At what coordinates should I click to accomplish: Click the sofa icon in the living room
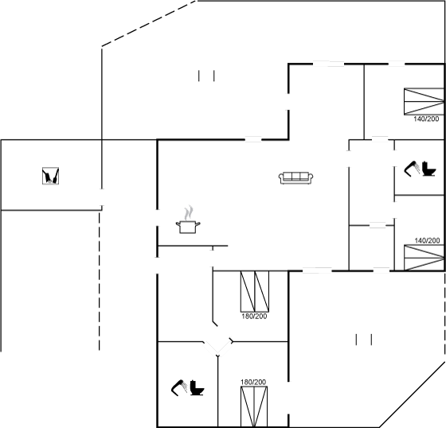[x=295, y=178]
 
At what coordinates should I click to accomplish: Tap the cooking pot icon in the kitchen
[x=188, y=227]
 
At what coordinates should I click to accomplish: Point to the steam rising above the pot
[x=189, y=213]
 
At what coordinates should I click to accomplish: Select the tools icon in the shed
[x=51, y=176]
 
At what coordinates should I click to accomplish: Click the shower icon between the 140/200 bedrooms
[x=412, y=169]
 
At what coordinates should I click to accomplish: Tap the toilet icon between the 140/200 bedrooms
[x=428, y=169]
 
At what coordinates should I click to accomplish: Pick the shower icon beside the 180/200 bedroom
[x=179, y=387]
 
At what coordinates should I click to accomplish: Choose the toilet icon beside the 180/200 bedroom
[x=197, y=387]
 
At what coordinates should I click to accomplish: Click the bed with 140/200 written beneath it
[x=424, y=102]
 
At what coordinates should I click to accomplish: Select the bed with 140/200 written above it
[x=424, y=258]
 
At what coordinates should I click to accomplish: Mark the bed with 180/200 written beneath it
[x=255, y=292]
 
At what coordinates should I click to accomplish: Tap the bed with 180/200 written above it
[x=254, y=407]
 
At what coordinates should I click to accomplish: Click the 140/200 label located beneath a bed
[x=426, y=119]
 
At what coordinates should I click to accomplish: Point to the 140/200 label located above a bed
[x=427, y=240]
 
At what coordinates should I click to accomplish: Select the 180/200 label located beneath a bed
[x=254, y=316]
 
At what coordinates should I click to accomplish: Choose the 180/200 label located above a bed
[x=253, y=382]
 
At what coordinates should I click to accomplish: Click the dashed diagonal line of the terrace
[x=149, y=23]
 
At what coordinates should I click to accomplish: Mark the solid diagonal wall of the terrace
[x=413, y=395]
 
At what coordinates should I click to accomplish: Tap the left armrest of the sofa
[x=281, y=178]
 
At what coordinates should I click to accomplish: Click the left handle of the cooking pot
[x=178, y=224]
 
